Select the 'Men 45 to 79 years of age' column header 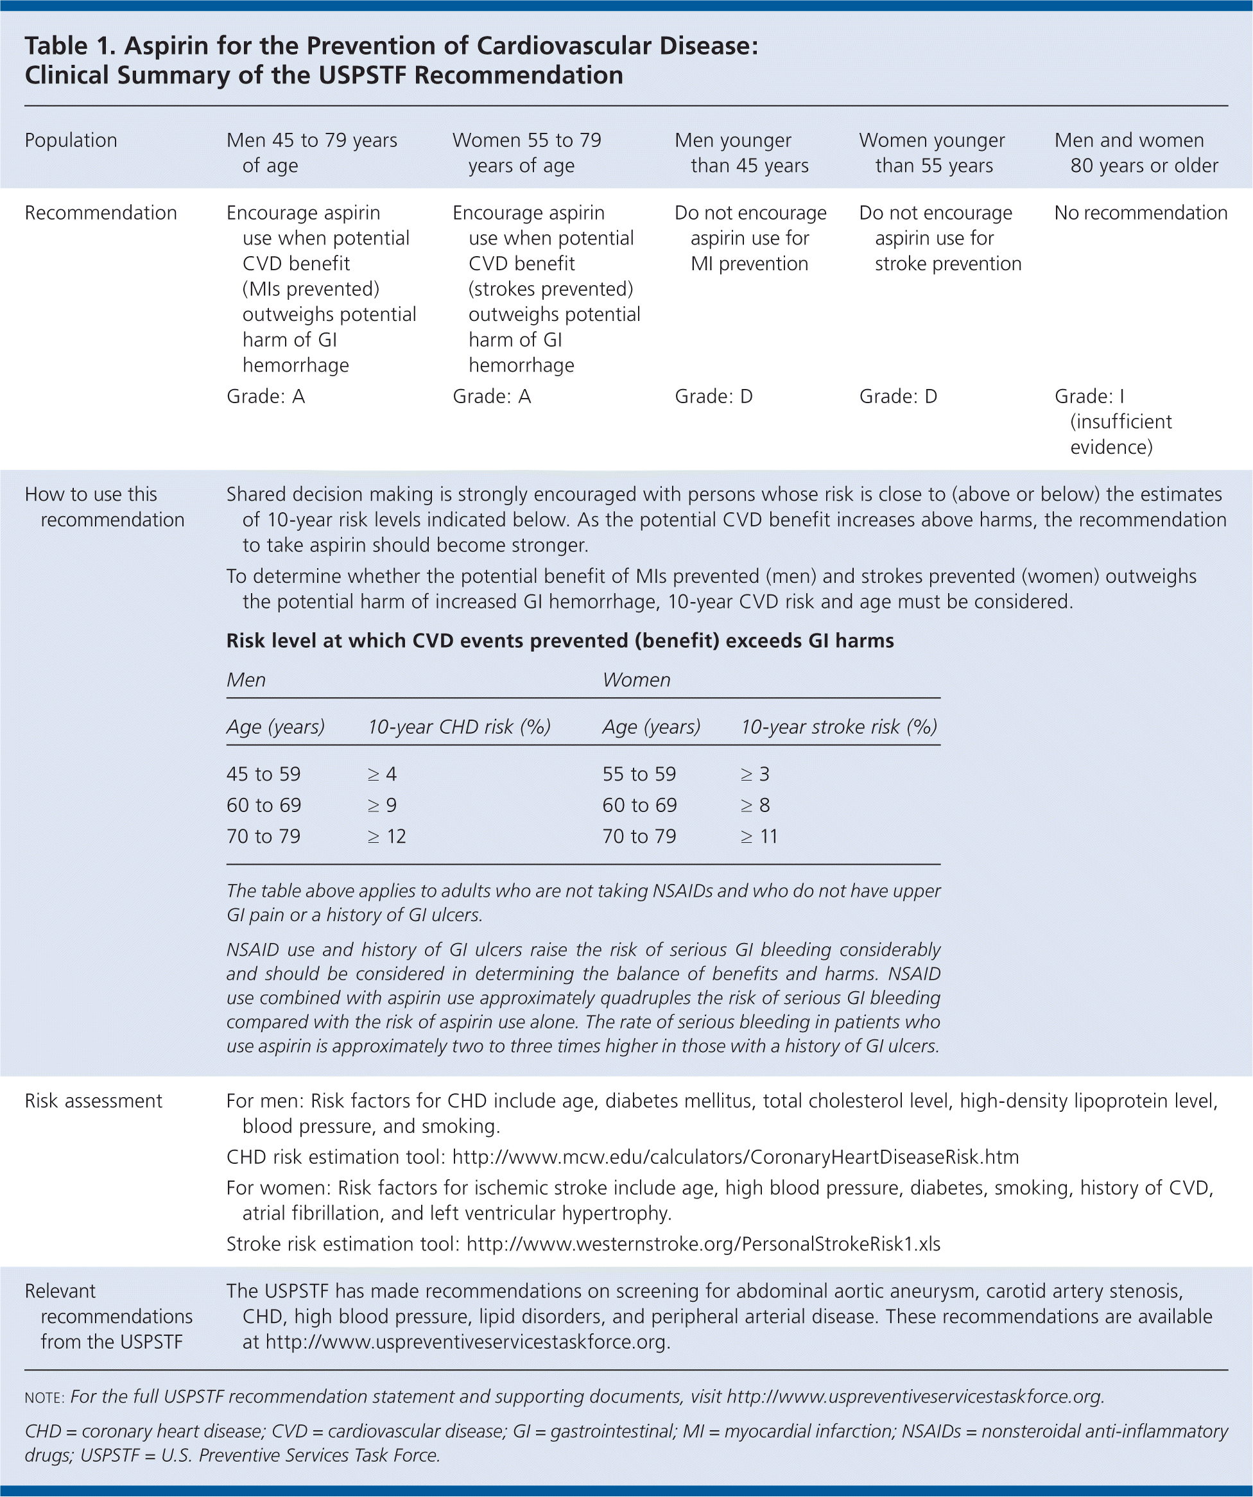pos(311,153)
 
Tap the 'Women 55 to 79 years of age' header pos(527,153)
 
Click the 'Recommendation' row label pos(101,212)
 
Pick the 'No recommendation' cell pos(1141,212)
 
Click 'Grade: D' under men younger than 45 pos(713,396)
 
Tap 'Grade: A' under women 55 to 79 pos(492,396)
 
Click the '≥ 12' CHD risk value pos(386,836)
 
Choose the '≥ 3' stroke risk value pos(755,774)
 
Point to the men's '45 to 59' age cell pos(264,774)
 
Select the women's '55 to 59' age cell pos(639,774)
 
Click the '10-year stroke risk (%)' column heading pos(839,727)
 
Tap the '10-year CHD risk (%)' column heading pos(459,727)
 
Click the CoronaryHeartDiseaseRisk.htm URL pos(736,1157)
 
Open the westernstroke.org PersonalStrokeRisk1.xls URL pos(704,1244)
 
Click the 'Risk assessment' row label pos(93,1101)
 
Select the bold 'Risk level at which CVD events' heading pos(560,641)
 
